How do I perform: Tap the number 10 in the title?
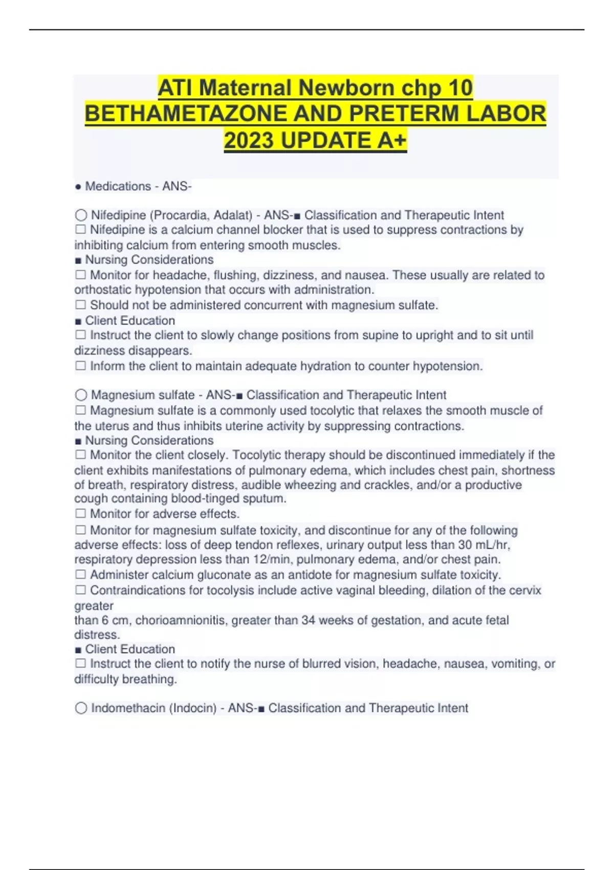tap(458, 88)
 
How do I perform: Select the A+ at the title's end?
tap(392, 140)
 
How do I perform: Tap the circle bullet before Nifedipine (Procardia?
tap(81, 215)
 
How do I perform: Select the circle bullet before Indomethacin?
tap(81, 708)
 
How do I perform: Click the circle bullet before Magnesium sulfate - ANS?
tap(81, 395)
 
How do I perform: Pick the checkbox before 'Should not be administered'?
tap(80, 304)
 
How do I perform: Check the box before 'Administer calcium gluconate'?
tap(80, 574)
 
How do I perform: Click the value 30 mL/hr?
tap(484, 545)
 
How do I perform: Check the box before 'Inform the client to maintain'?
tap(80, 365)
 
